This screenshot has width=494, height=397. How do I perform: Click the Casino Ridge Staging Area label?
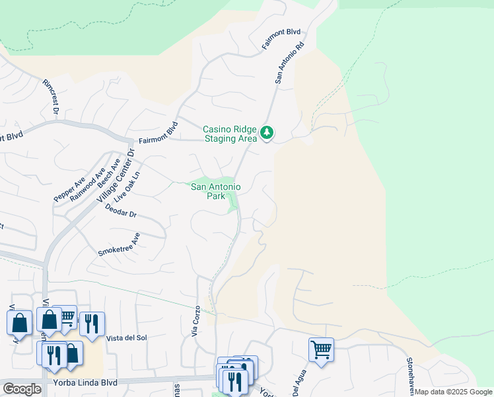[230, 134]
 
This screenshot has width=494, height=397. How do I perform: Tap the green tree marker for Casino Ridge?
[267, 133]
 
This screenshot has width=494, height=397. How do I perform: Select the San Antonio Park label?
[215, 191]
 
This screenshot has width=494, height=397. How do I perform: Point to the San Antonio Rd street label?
[289, 64]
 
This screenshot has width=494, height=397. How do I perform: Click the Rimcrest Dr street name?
[51, 97]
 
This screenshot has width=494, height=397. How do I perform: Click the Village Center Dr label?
[116, 175]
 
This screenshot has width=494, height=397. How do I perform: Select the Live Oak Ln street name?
[128, 187]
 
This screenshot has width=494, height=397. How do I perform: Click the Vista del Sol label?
[125, 337]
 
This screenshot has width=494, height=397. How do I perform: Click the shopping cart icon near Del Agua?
[321, 349]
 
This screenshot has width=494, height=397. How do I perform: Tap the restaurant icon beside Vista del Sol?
[92, 323]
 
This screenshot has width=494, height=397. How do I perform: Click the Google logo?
[22, 389]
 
